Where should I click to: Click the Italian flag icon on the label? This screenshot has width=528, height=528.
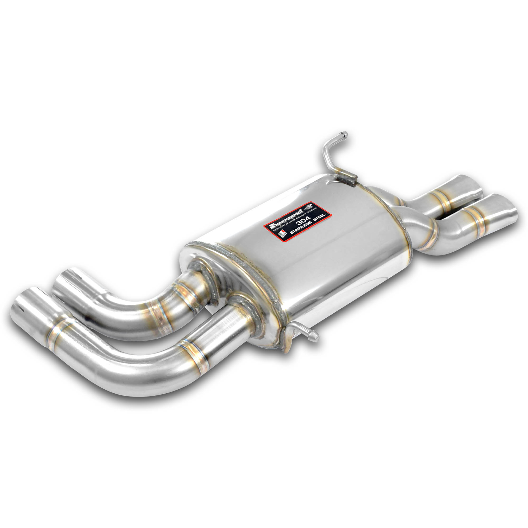[282, 234]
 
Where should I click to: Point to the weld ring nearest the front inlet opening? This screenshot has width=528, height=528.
[56, 335]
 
